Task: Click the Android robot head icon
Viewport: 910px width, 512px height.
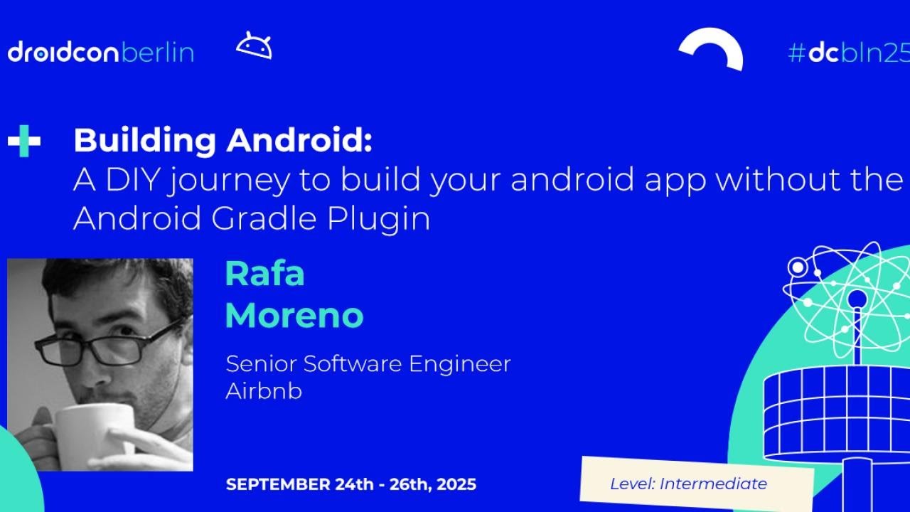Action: pos(254,46)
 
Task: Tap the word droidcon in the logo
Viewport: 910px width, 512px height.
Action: pos(63,52)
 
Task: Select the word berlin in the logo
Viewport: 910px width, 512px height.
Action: pos(157,52)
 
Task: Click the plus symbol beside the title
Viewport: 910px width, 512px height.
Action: pos(24,141)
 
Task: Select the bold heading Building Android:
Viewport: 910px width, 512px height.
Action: pos(223,140)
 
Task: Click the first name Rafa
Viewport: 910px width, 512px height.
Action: pos(264,274)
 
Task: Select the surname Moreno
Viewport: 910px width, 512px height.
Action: pos(294,316)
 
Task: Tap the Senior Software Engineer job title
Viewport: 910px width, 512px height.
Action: pos(368,363)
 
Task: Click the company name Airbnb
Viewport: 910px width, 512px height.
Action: pos(263,391)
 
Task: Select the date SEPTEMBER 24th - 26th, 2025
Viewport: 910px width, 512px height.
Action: pos(350,484)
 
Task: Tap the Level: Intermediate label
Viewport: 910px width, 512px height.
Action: pos(688,484)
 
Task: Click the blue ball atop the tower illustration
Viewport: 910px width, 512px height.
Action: pos(857,299)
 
